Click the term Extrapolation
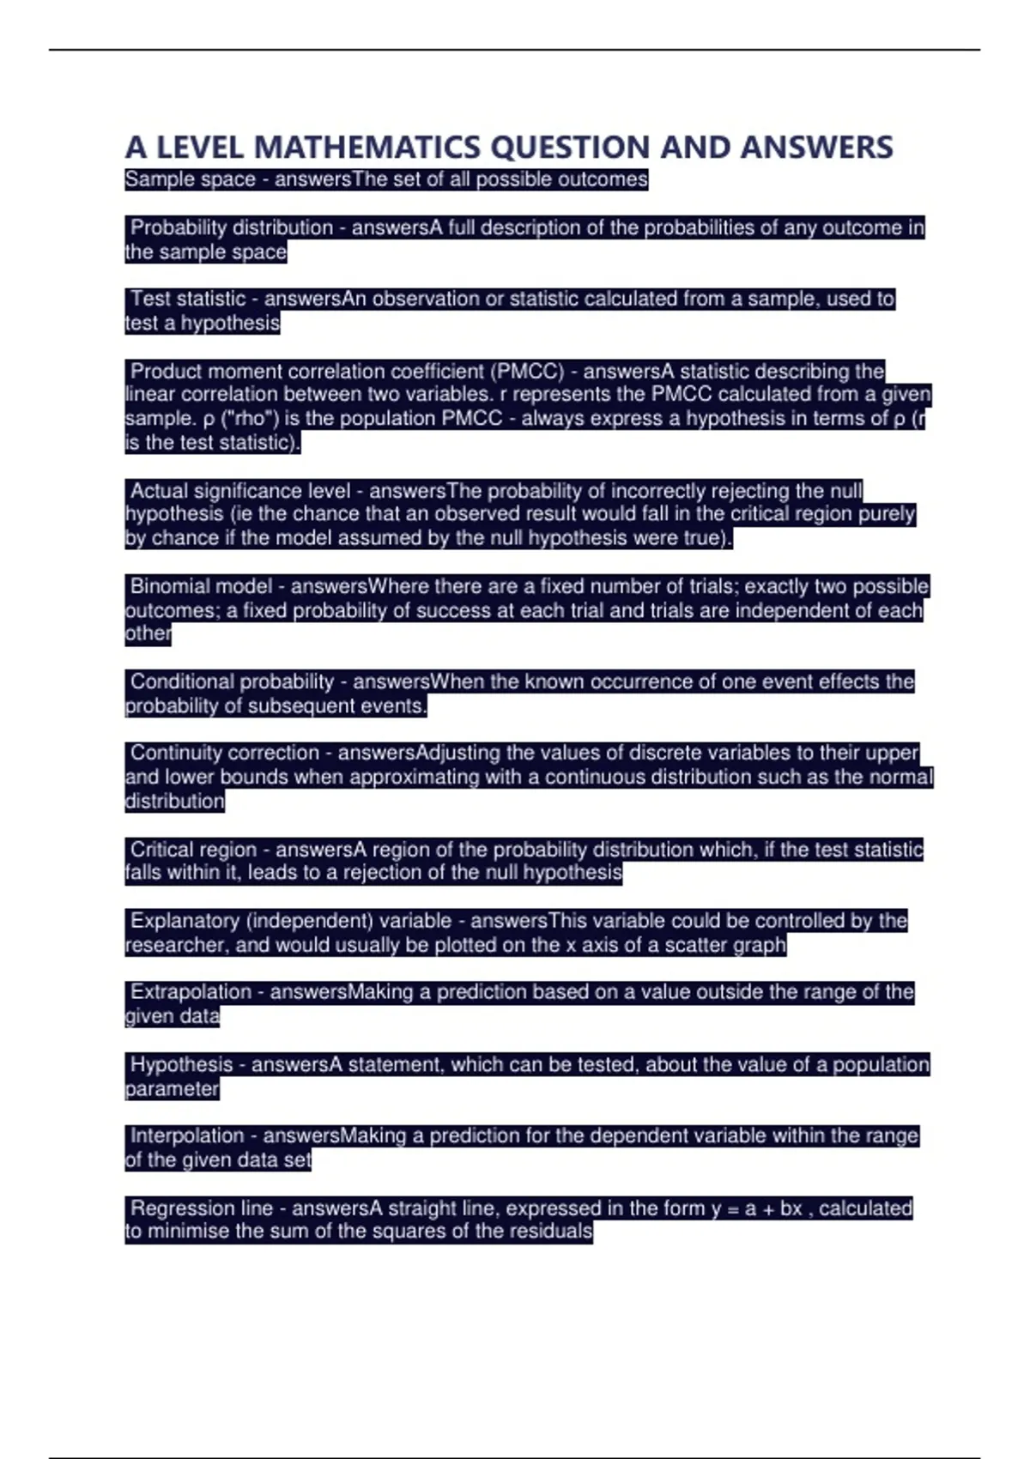pos(191,992)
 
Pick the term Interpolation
pos(187,1136)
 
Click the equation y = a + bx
pos(756,1208)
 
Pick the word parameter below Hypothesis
pos(172,1089)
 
